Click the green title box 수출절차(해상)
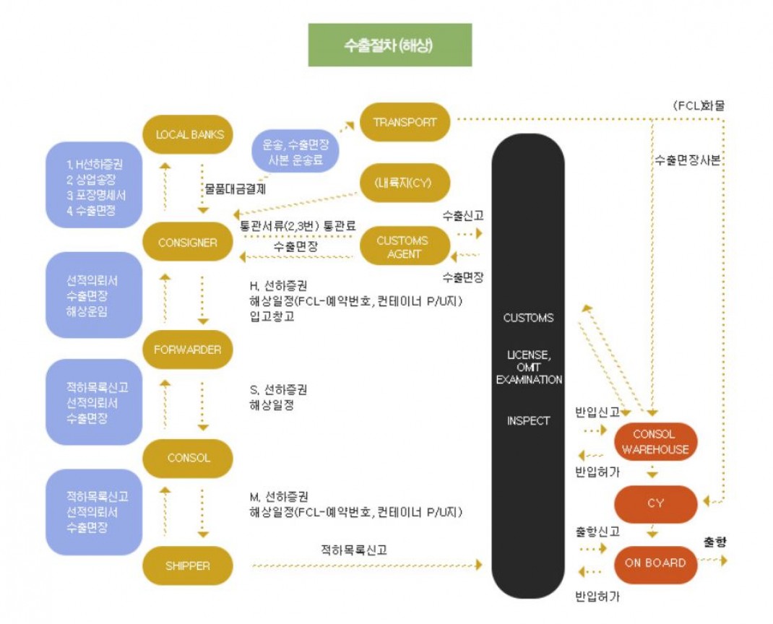[x=389, y=45]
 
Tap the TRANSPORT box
[x=405, y=122]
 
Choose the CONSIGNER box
[x=188, y=243]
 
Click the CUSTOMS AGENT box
[x=402, y=247]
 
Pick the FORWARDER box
[x=188, y=350]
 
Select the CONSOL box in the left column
[x=188, y=458]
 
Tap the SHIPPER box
[x=188, y=565]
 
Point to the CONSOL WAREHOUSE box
[x=655, y=441]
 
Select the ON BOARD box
[x=655, y=563]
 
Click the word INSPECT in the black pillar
[x=528, y=420]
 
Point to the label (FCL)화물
[x=698, y=105]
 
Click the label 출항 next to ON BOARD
[x=714, y=542]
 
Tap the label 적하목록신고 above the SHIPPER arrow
[x=354, y=550]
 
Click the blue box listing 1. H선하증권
[x=92, y=185]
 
